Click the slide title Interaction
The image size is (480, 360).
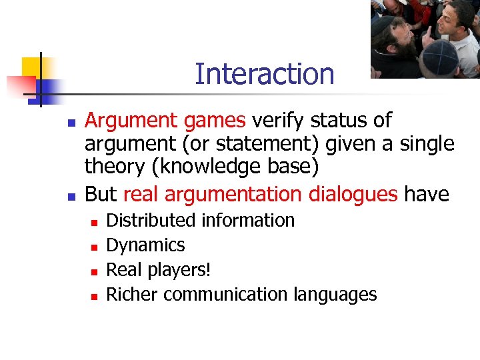click(x=264, y=74)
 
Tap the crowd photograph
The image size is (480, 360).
click(x=425, y=39)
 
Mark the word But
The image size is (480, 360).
click(x=101, y=194)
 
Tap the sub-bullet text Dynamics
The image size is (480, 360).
click(x=145, y=245)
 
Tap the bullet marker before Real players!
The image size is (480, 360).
click(x=94, y=271)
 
